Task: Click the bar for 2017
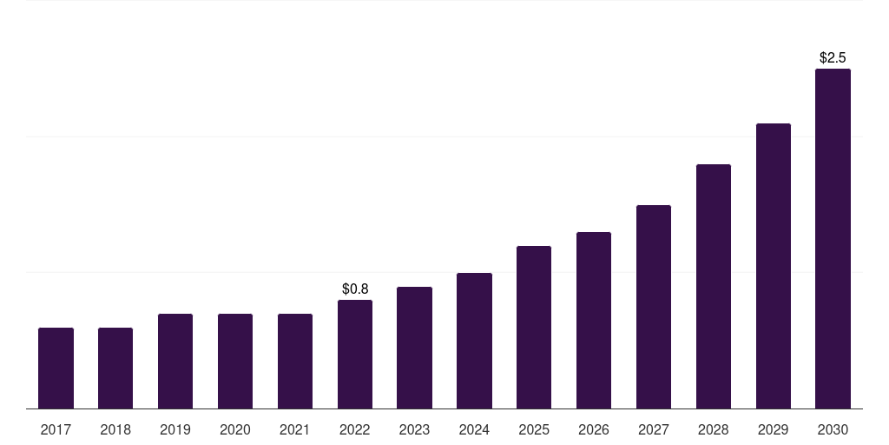point(56,368)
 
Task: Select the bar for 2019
point(175,361)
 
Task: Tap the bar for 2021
point(295,361)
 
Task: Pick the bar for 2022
point(355,355)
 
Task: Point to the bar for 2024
point(474,341)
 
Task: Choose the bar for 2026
point(594,320)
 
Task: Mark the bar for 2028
point(714,286)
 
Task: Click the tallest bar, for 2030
point(833,238)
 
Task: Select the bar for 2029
point(774,266)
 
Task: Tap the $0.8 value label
point(355,289)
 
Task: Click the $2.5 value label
point(833,58)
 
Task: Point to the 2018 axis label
point(115,430)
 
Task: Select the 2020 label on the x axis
point(234,430)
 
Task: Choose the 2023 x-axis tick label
point(414,430)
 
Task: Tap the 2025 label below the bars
point(534,430)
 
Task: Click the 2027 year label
point(654,430)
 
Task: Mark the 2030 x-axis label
point(833,430)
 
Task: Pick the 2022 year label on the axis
point(355,430)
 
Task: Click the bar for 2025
point(534,327)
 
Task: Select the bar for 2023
point(414,348)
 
